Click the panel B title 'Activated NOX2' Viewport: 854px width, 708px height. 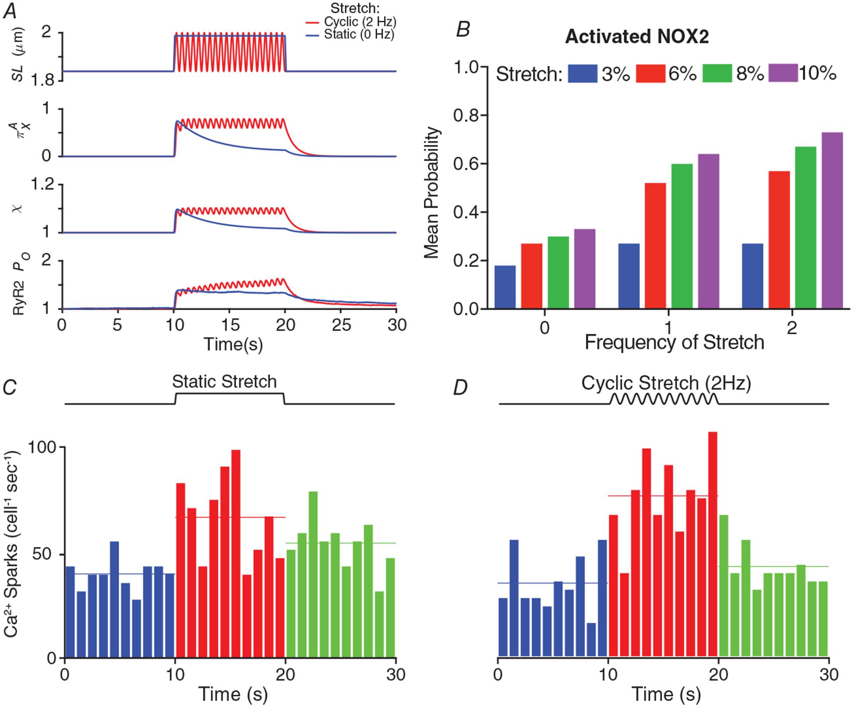point(637,37)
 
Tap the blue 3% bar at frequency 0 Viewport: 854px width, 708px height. point(505,287)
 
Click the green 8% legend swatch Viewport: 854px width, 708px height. point(717,74)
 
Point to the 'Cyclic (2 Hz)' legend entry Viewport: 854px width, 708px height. point(360,21)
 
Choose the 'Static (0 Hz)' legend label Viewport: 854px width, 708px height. point(359,35)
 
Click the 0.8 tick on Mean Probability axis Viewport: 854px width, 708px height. point(469,115)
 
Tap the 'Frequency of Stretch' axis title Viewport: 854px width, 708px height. point(674,342)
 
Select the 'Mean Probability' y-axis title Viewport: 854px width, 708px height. point(432,193)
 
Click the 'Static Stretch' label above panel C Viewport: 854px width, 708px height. point(224,382)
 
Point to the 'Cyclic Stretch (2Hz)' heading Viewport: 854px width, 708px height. point(666,383)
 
